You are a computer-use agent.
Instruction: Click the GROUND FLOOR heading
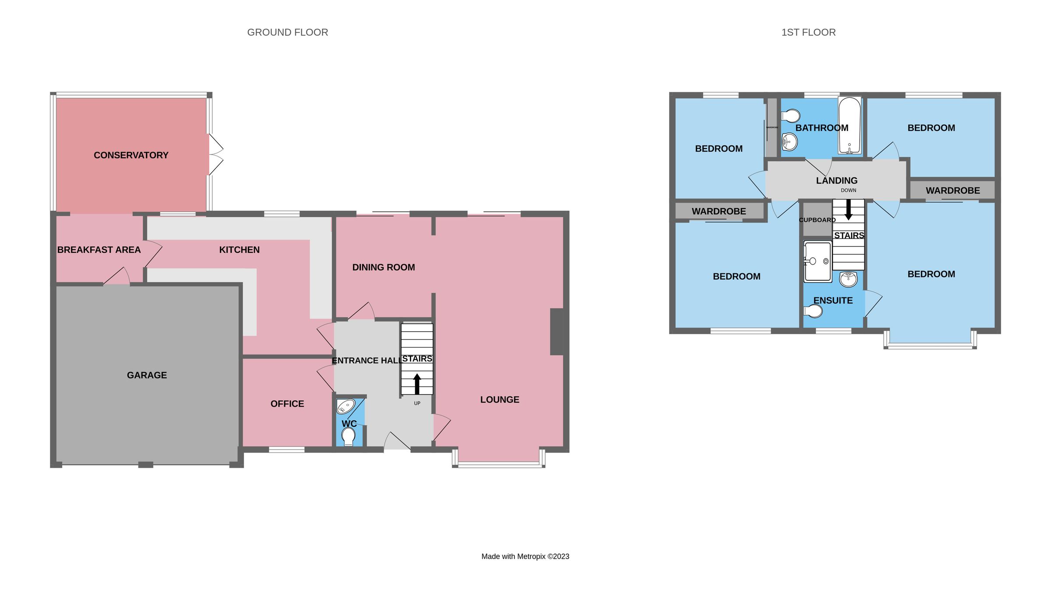click(287, 32)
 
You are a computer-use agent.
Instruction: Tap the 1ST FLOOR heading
click(808, 32)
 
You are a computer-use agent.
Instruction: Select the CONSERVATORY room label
click(131, 155)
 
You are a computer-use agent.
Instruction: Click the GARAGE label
click(147, 375)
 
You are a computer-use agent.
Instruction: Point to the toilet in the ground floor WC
click(349, 436)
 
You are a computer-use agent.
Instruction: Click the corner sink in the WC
click(345, 407)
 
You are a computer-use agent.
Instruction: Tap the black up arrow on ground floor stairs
click(417, 383)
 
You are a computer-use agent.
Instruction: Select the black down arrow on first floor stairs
click(848, 210)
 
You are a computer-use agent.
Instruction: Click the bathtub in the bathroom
click(849, 125)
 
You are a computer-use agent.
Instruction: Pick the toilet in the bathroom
click(791, 116)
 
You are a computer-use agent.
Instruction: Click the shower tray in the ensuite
click(818, 262)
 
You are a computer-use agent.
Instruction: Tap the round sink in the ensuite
click(848, 279)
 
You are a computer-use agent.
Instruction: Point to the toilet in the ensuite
click(813, 311)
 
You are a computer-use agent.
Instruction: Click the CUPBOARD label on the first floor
click(817, 220)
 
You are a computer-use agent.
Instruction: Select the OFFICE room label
click(287, 404)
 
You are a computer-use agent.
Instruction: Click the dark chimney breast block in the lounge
click(557, 332)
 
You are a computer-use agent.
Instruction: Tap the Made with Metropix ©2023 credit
click(525, 556)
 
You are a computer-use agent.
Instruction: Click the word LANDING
click(836, 181)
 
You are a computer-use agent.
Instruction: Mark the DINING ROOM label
click(384, 267)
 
